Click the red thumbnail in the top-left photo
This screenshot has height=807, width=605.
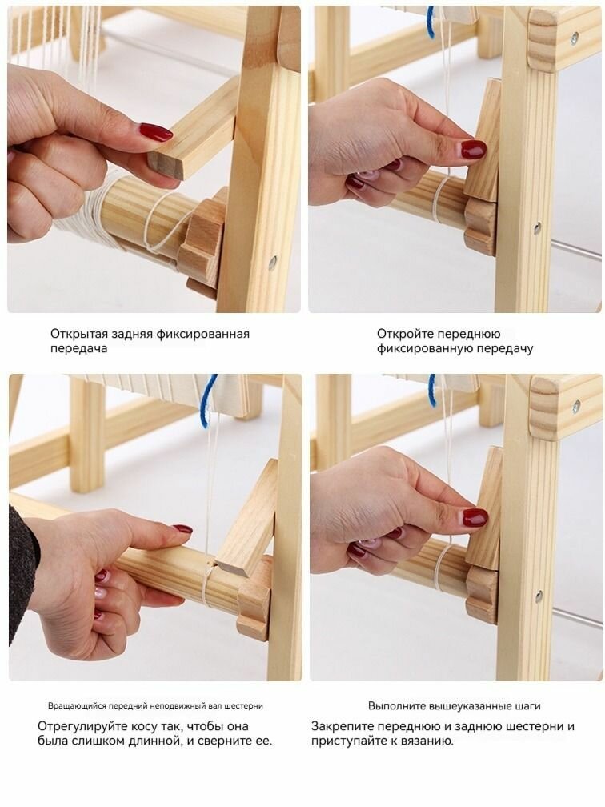pyautogui.click(x=156, y=132)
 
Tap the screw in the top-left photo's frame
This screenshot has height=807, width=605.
pyautogui.click(x=272, y=262)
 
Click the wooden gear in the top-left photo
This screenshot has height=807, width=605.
pyautogui.click(x=202, y=242)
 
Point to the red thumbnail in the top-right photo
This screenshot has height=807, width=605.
pyautogui.click(x=473, y=150)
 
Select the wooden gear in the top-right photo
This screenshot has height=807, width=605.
pyautogui.click(x=480, y=227)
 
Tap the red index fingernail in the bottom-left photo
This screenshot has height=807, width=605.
pyautogui.click(x=182, y=528)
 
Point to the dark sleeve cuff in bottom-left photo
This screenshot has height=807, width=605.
pyautogui.click(x=22, y=574)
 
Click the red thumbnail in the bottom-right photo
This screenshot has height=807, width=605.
pyautogui.click(x=475, y=517)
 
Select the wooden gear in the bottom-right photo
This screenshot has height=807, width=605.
pyautogui.click(x=482, y=594)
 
